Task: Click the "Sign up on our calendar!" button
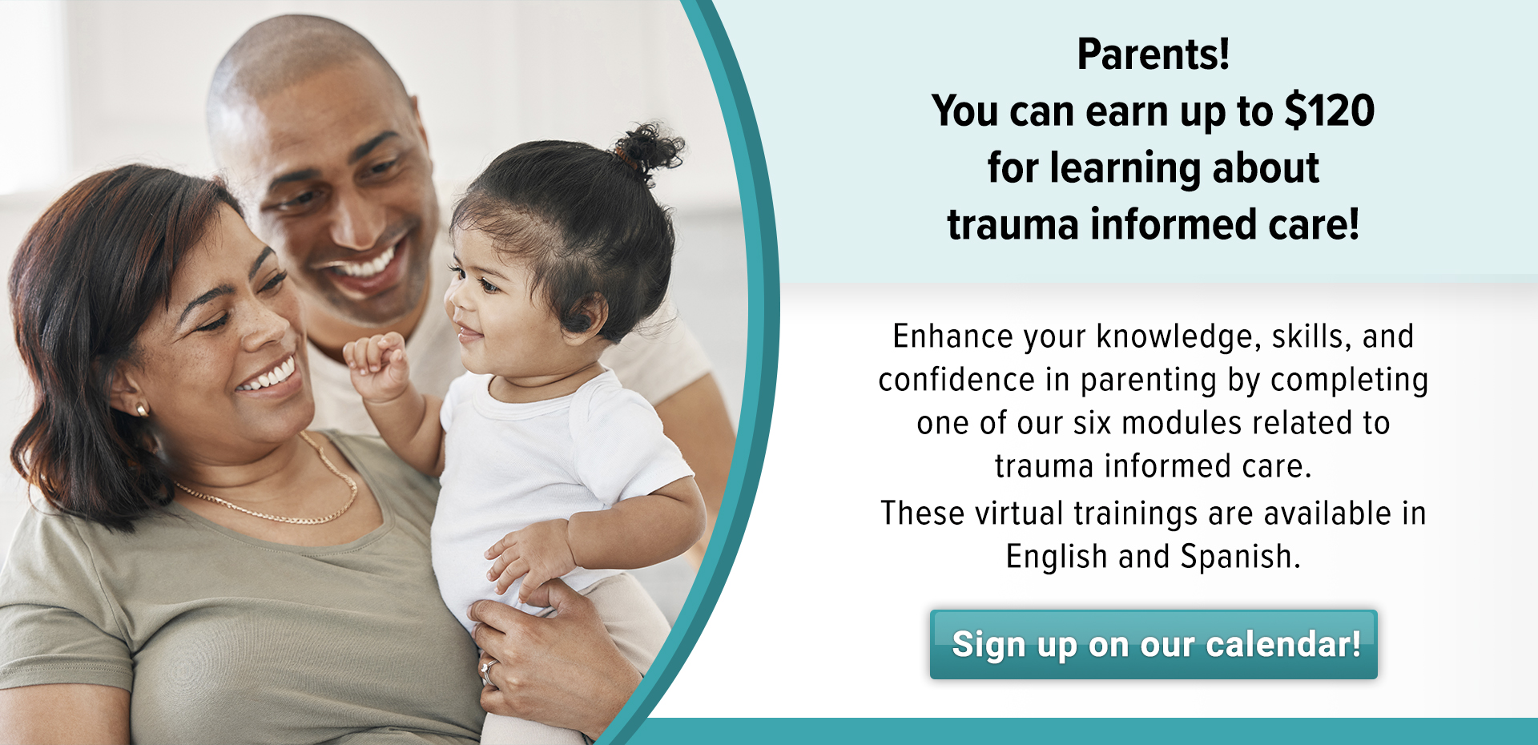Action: [1153, 645]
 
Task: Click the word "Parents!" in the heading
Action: [1153, 54]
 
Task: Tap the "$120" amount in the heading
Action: [1330, 111]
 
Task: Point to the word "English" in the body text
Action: [1057, 557]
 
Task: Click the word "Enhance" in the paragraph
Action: [943, 336]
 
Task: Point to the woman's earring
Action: [142, 410]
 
